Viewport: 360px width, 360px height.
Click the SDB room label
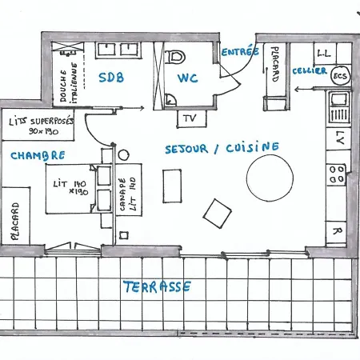coord(113,78)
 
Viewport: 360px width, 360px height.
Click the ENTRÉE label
coord(240,51)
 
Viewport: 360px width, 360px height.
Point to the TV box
coord(190,118)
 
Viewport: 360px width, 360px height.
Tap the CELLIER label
coord(309,71)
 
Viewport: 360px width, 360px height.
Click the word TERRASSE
coord(157,286)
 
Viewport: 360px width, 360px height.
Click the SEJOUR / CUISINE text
coord(222,148)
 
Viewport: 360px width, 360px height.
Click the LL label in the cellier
coord(324,52)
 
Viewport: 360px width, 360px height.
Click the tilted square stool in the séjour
coord(216,212)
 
